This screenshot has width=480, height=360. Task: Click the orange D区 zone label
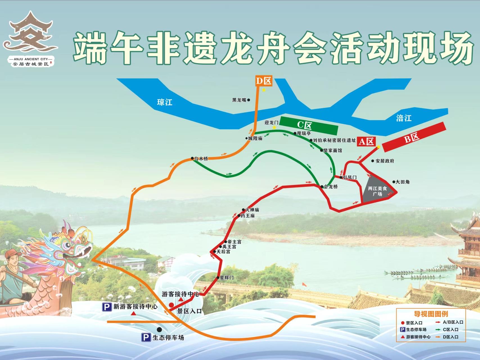coord(264,81)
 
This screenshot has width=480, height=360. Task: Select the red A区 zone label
coord(366,141)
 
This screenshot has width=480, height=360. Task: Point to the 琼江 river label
coord(164,102)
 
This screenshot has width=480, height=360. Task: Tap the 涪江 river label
coord(404,118)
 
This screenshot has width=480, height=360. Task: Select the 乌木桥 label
coord(201,159)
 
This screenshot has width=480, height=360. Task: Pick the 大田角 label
coord(402,182)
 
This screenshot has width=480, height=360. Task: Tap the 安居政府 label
coord(385,161)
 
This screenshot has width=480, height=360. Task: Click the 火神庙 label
coord(252,210)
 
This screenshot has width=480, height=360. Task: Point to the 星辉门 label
coord(227,278)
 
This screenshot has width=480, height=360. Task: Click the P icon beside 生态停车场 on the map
coord(146,337)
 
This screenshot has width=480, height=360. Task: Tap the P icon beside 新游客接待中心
coord(106,307)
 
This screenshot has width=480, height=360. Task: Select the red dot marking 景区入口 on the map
coord(171,305)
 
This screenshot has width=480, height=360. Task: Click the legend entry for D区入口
coord(450,337)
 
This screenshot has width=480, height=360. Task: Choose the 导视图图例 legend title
coord(431,314)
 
